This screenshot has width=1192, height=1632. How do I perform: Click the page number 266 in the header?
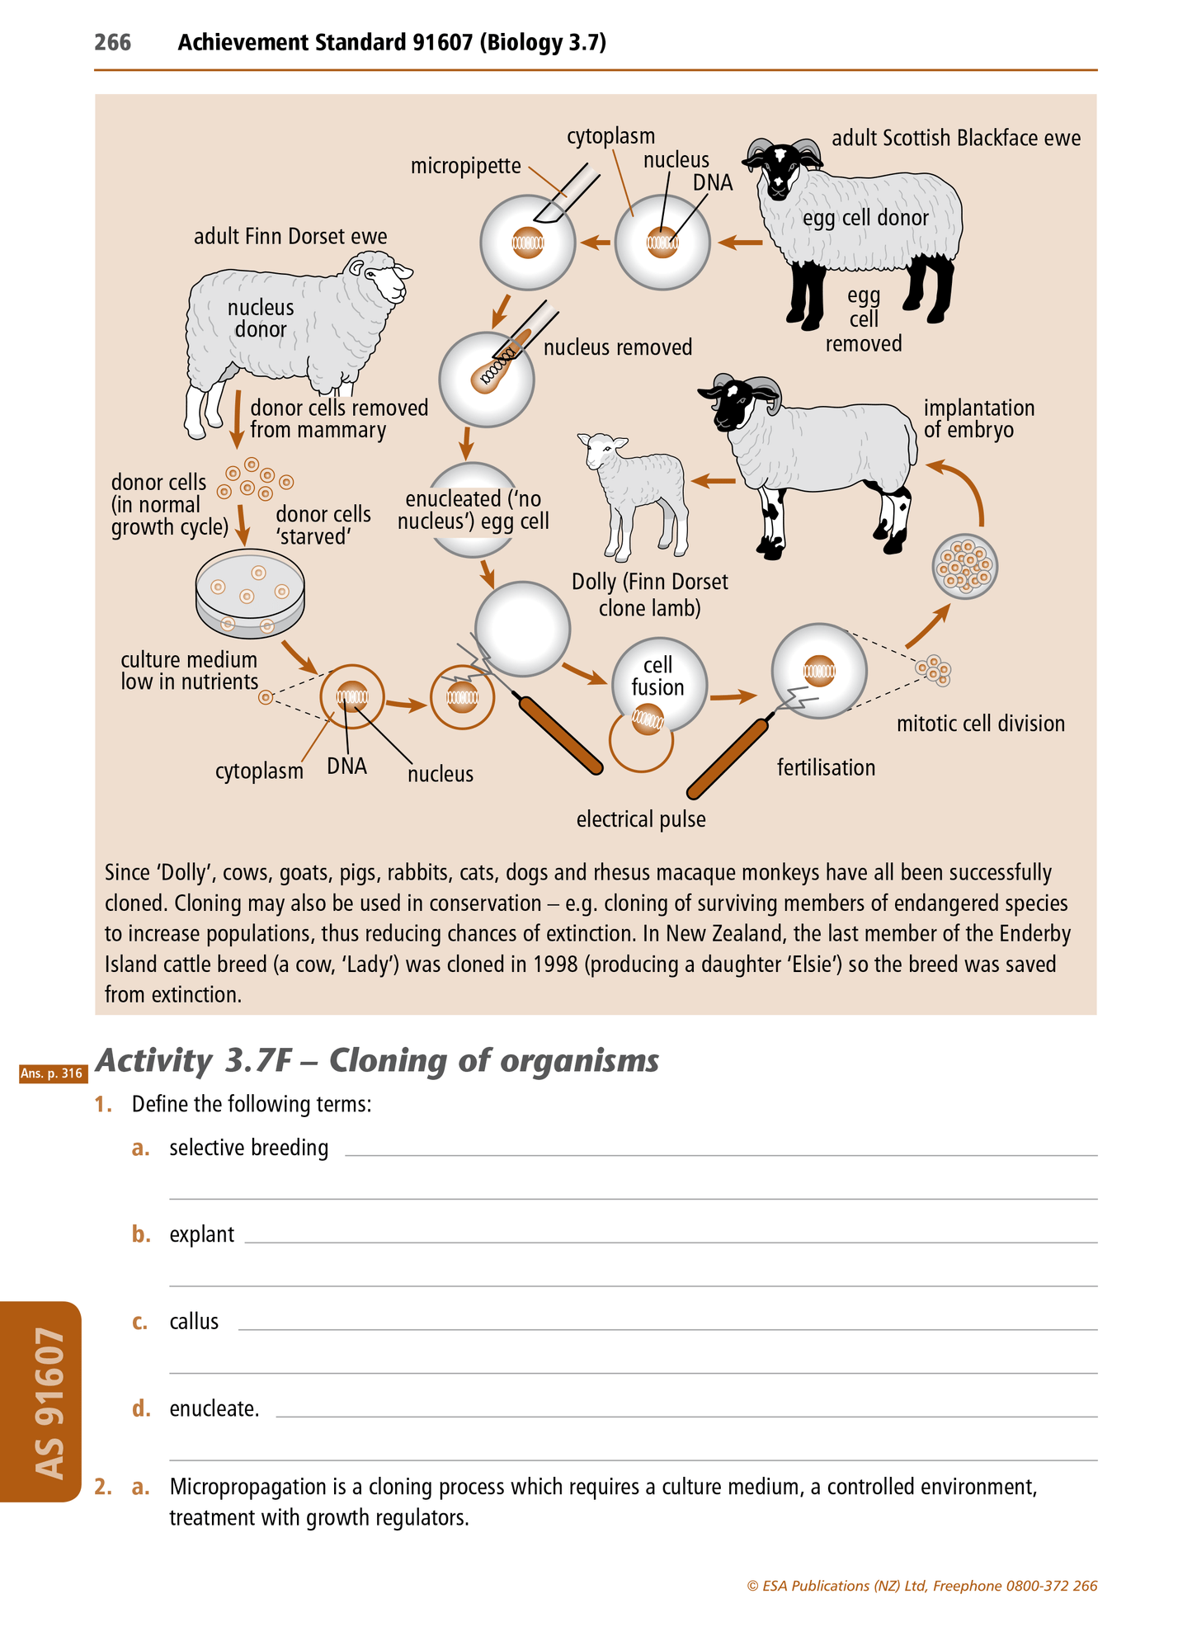click(112, 42)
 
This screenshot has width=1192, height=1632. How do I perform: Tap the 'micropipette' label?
click(465, 167)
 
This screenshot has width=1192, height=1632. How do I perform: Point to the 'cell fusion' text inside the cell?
click(657, 676)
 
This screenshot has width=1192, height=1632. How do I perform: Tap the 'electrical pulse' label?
click(641, 819)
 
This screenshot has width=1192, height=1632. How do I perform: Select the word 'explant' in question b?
click(201, 1234)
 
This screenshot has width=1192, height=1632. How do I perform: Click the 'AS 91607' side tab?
click(48, 1403)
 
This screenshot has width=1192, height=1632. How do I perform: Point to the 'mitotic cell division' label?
click(980, 724)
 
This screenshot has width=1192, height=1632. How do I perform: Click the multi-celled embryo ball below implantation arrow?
click(964, 567)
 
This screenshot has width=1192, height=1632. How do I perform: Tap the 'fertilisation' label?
click(826, 767)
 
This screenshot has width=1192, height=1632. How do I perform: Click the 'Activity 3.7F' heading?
click(377, 1060)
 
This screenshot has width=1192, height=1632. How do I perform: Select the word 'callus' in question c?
click(194, 1321)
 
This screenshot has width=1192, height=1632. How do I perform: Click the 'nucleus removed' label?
click(618, 347)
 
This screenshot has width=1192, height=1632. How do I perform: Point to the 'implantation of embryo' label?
click(978, 419)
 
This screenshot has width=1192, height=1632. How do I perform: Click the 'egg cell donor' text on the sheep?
click(865, 218)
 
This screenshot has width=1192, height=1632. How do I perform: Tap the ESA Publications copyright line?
click(921, 1586)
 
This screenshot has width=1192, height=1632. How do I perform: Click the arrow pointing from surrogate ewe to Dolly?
click(714, 481)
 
